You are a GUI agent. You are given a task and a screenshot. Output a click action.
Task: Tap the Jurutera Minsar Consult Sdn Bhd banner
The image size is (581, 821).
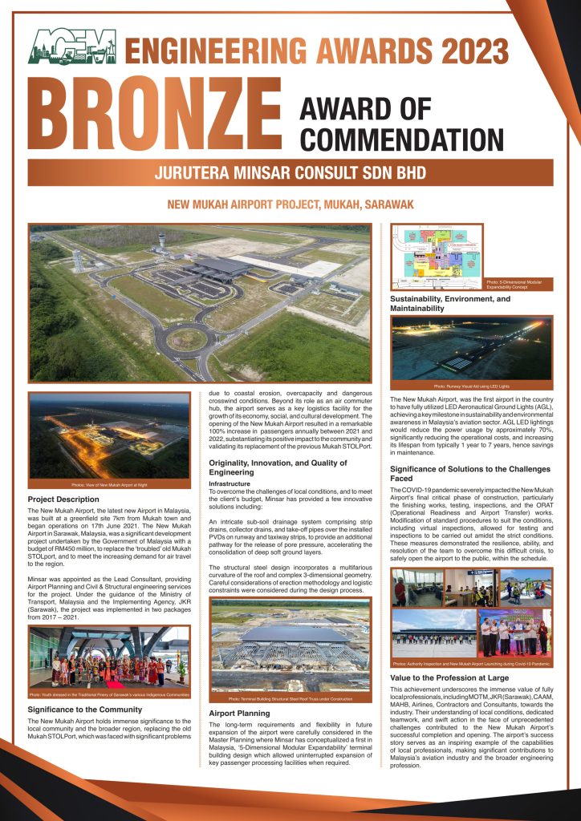[290, 172]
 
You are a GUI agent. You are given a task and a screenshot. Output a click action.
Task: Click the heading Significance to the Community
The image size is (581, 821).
[85, 709]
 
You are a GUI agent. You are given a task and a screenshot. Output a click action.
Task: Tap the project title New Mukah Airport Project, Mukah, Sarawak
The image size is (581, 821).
[290, 204]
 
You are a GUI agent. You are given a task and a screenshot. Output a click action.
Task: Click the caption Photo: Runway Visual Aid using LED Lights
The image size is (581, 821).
[472, 386]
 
